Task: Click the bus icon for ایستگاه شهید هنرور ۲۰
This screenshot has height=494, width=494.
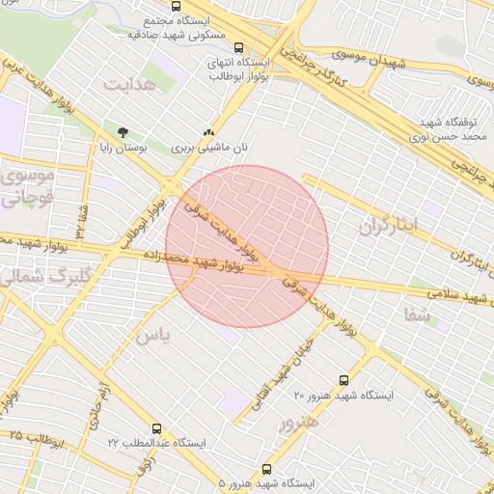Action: click(344, 380)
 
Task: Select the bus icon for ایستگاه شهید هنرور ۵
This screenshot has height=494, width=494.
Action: click(266, 469)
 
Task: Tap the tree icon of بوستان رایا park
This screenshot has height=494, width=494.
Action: click(122, 132)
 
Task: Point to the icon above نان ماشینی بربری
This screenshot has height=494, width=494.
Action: click(208, 132)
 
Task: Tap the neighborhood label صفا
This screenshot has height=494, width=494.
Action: click(417, 314)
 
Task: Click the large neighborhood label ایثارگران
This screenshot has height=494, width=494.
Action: click(391, 226)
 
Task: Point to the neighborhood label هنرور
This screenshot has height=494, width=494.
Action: click(298, 422)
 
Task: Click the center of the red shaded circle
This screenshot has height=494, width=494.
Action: click(247, 247)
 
